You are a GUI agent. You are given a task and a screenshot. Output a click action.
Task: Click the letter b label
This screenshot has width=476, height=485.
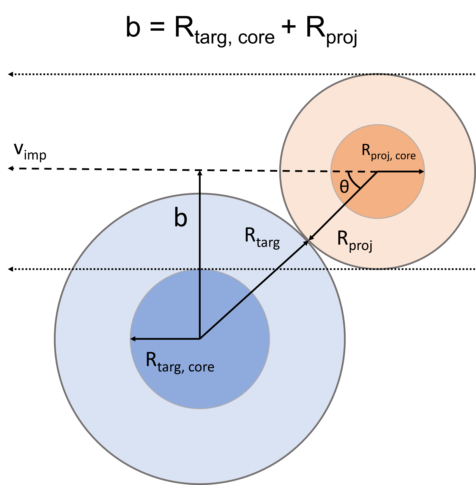coord(180,217)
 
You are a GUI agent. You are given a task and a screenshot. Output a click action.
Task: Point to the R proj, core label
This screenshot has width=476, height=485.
coord(388,153)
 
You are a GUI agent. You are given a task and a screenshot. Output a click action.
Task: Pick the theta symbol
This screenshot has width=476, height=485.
coord(344,187)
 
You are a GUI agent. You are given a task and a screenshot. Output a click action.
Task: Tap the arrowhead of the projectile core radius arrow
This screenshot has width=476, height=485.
coord(422,172)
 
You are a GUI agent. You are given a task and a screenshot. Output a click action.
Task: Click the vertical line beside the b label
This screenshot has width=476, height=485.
coord(200,238)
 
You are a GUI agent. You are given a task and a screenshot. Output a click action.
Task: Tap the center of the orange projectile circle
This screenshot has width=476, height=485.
coord(377,172)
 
